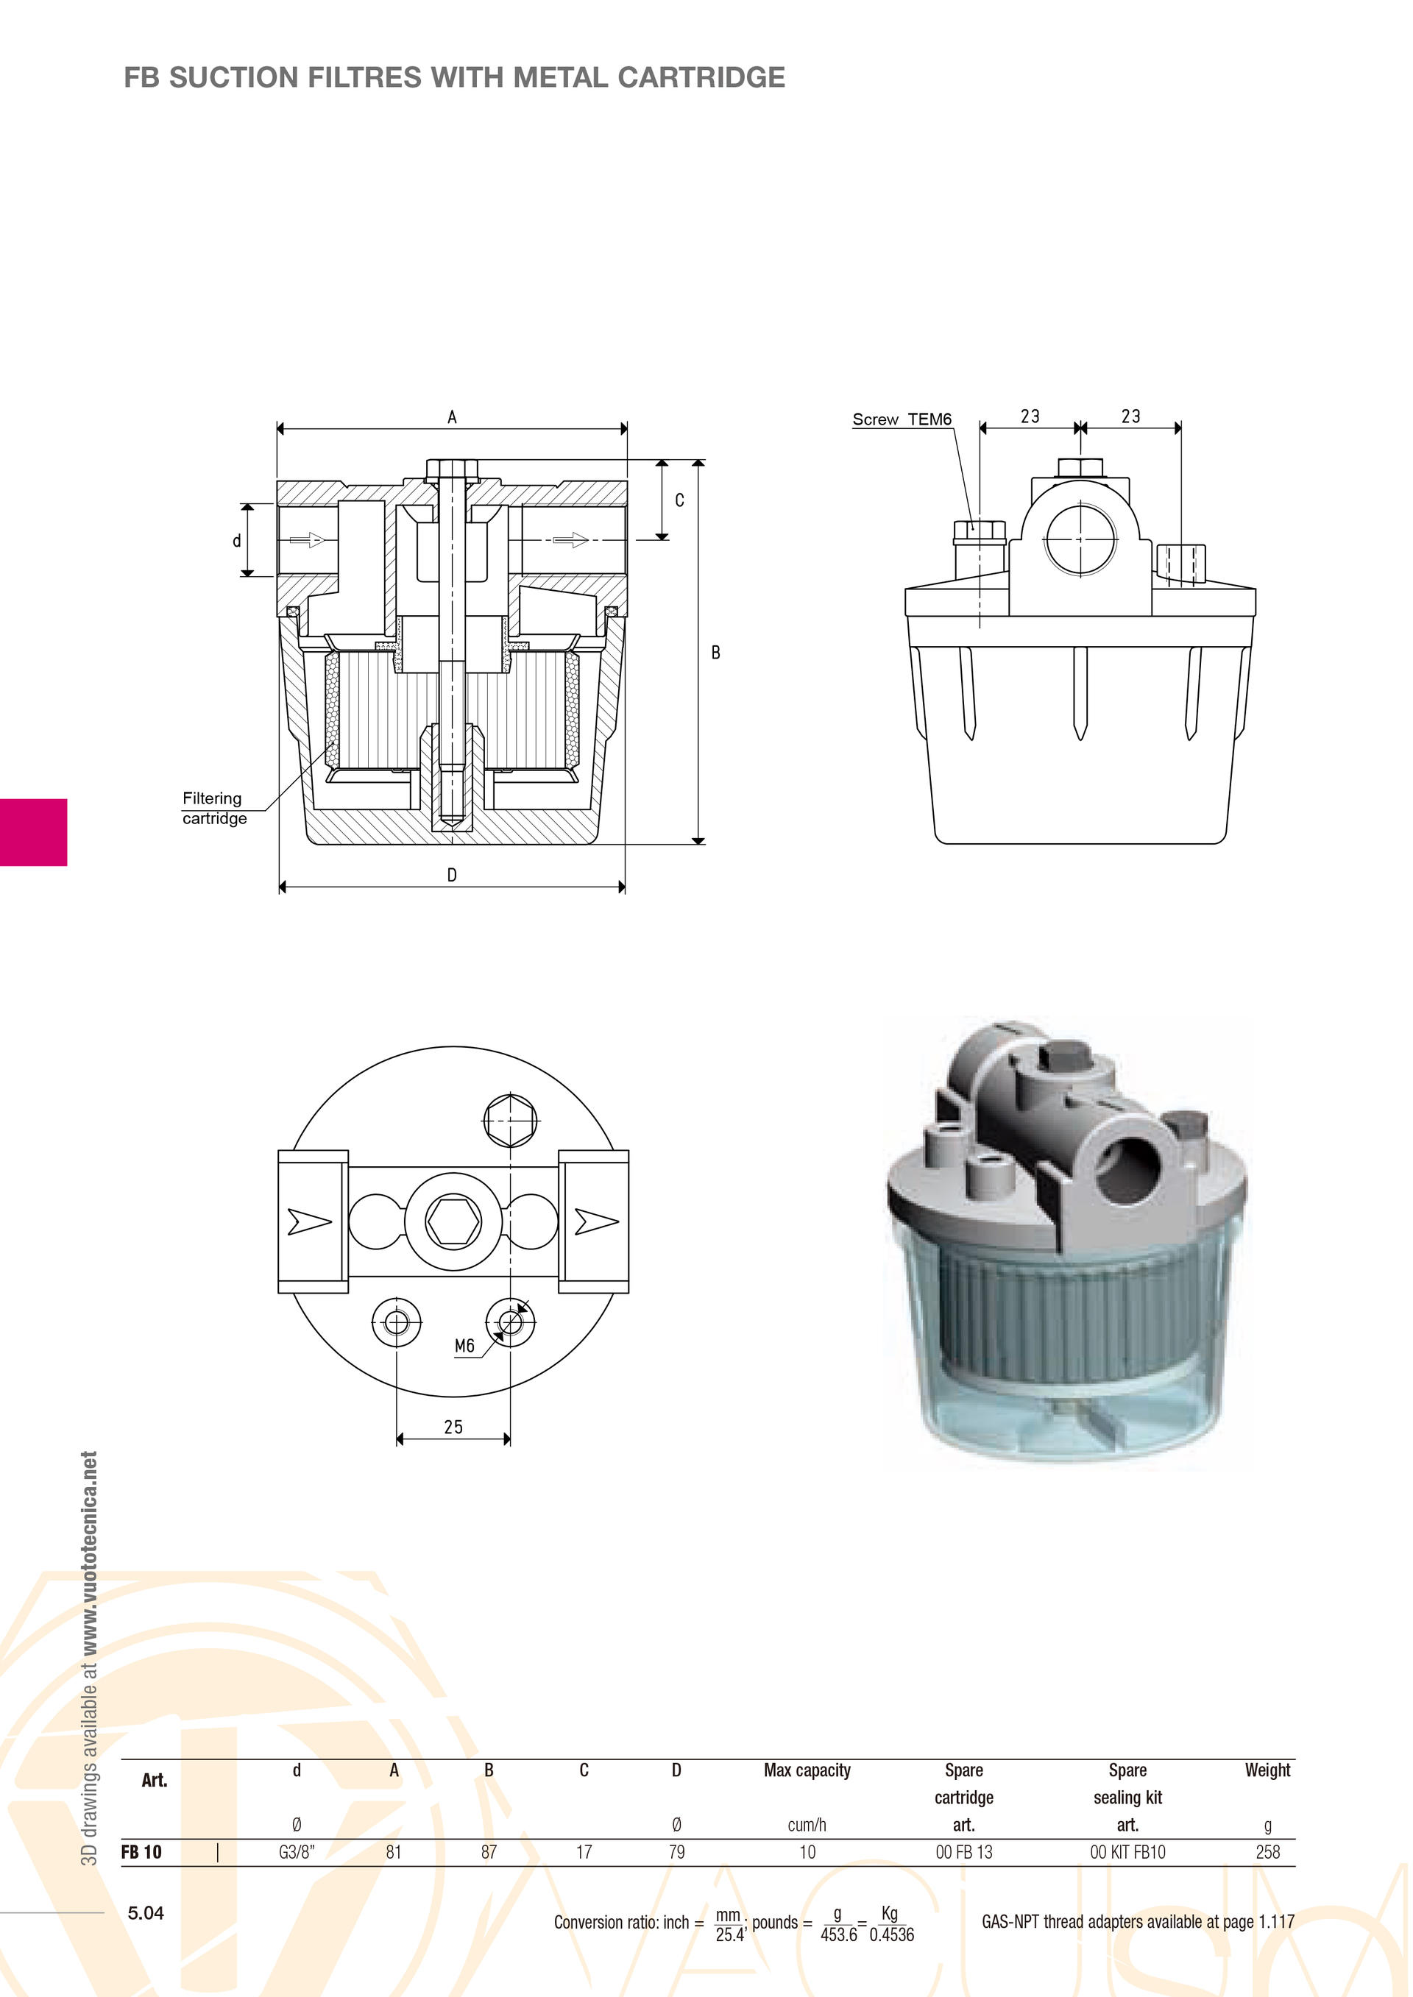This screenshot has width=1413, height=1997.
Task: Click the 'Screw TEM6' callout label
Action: coord(902,419)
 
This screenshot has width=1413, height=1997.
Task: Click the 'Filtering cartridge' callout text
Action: coord(214,808)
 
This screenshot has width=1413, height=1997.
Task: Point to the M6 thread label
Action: coord(464,1347)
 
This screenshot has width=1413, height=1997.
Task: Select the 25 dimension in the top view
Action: coord(453,1427)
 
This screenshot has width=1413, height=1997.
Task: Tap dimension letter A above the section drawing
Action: coord(453,417)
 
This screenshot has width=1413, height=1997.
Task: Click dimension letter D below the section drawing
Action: coord(453,875)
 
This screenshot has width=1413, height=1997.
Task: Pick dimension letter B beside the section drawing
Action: coord(715,653)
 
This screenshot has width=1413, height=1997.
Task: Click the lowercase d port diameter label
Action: coord(237,541)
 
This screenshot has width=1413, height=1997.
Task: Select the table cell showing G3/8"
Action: coord(297,1852)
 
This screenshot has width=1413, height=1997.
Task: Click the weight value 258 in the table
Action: coord(1268,1852)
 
